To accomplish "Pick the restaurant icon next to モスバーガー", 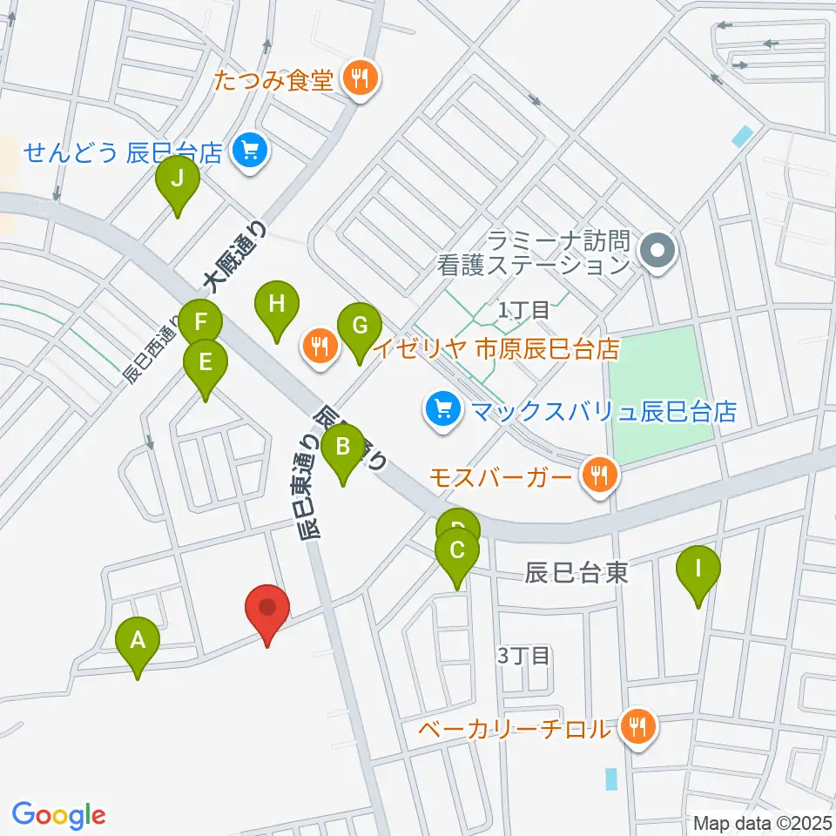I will [x=599, y=476].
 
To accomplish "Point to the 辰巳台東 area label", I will [x=576, y=572].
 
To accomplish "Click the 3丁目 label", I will [x=525, y=655].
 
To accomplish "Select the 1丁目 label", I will [x=523, y=308].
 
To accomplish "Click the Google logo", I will [x=59, y=814].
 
